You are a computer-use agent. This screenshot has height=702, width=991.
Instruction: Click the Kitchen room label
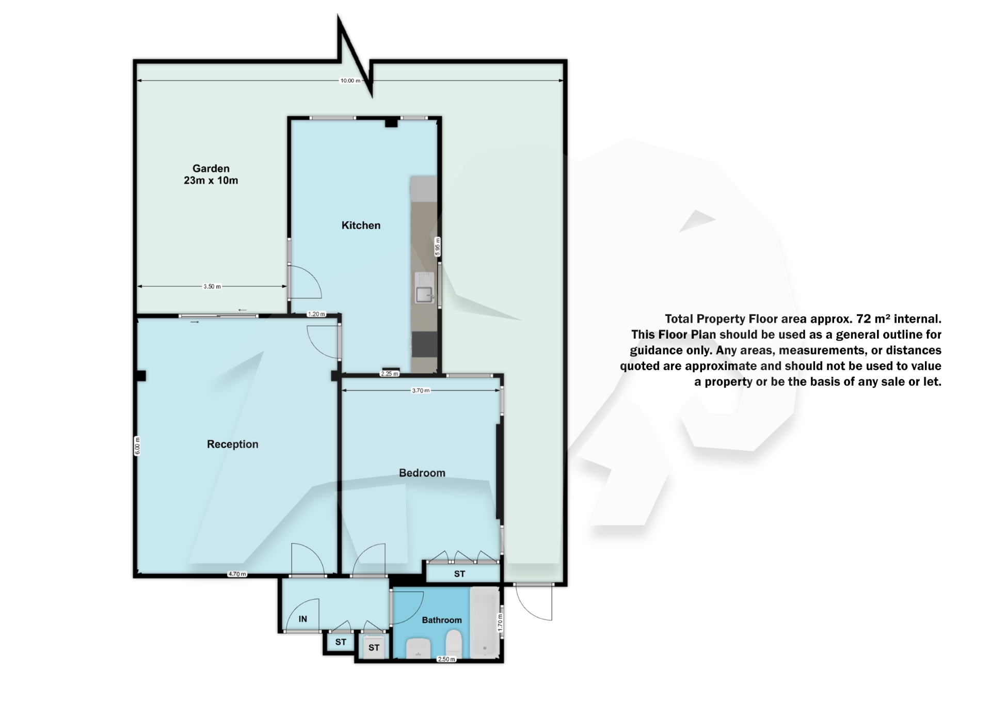(361, 225)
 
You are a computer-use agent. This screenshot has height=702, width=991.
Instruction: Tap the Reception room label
(232, 444)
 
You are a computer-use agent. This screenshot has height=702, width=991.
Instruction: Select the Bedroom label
(422, 473)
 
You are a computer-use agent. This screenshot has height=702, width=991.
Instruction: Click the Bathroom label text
(442, 620)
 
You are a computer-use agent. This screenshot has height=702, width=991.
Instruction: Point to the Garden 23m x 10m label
(211, 174)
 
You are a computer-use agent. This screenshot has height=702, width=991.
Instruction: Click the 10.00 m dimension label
(350, 81)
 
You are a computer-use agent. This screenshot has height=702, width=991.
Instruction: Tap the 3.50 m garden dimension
(212, 286)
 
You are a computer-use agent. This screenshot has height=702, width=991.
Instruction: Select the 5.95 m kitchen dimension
(438, 246)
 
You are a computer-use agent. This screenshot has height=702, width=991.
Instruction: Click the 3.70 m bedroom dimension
(420, 391)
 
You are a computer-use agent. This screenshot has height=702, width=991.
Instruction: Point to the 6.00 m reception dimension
(137, 446)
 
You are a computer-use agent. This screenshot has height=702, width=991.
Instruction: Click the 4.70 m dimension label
(237, 574)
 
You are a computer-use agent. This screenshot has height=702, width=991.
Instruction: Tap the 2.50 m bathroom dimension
(446, 659)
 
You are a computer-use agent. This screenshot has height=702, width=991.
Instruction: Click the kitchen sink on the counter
(424, 295)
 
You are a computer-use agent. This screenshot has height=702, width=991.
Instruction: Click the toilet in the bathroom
(453, 646)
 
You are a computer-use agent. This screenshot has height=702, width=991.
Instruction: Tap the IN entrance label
(303, 619)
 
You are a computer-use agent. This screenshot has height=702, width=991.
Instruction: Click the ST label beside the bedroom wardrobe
(459, 574)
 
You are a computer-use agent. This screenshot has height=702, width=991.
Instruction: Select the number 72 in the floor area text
(863, 318)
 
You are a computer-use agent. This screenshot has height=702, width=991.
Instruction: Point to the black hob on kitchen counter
(424, 344)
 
